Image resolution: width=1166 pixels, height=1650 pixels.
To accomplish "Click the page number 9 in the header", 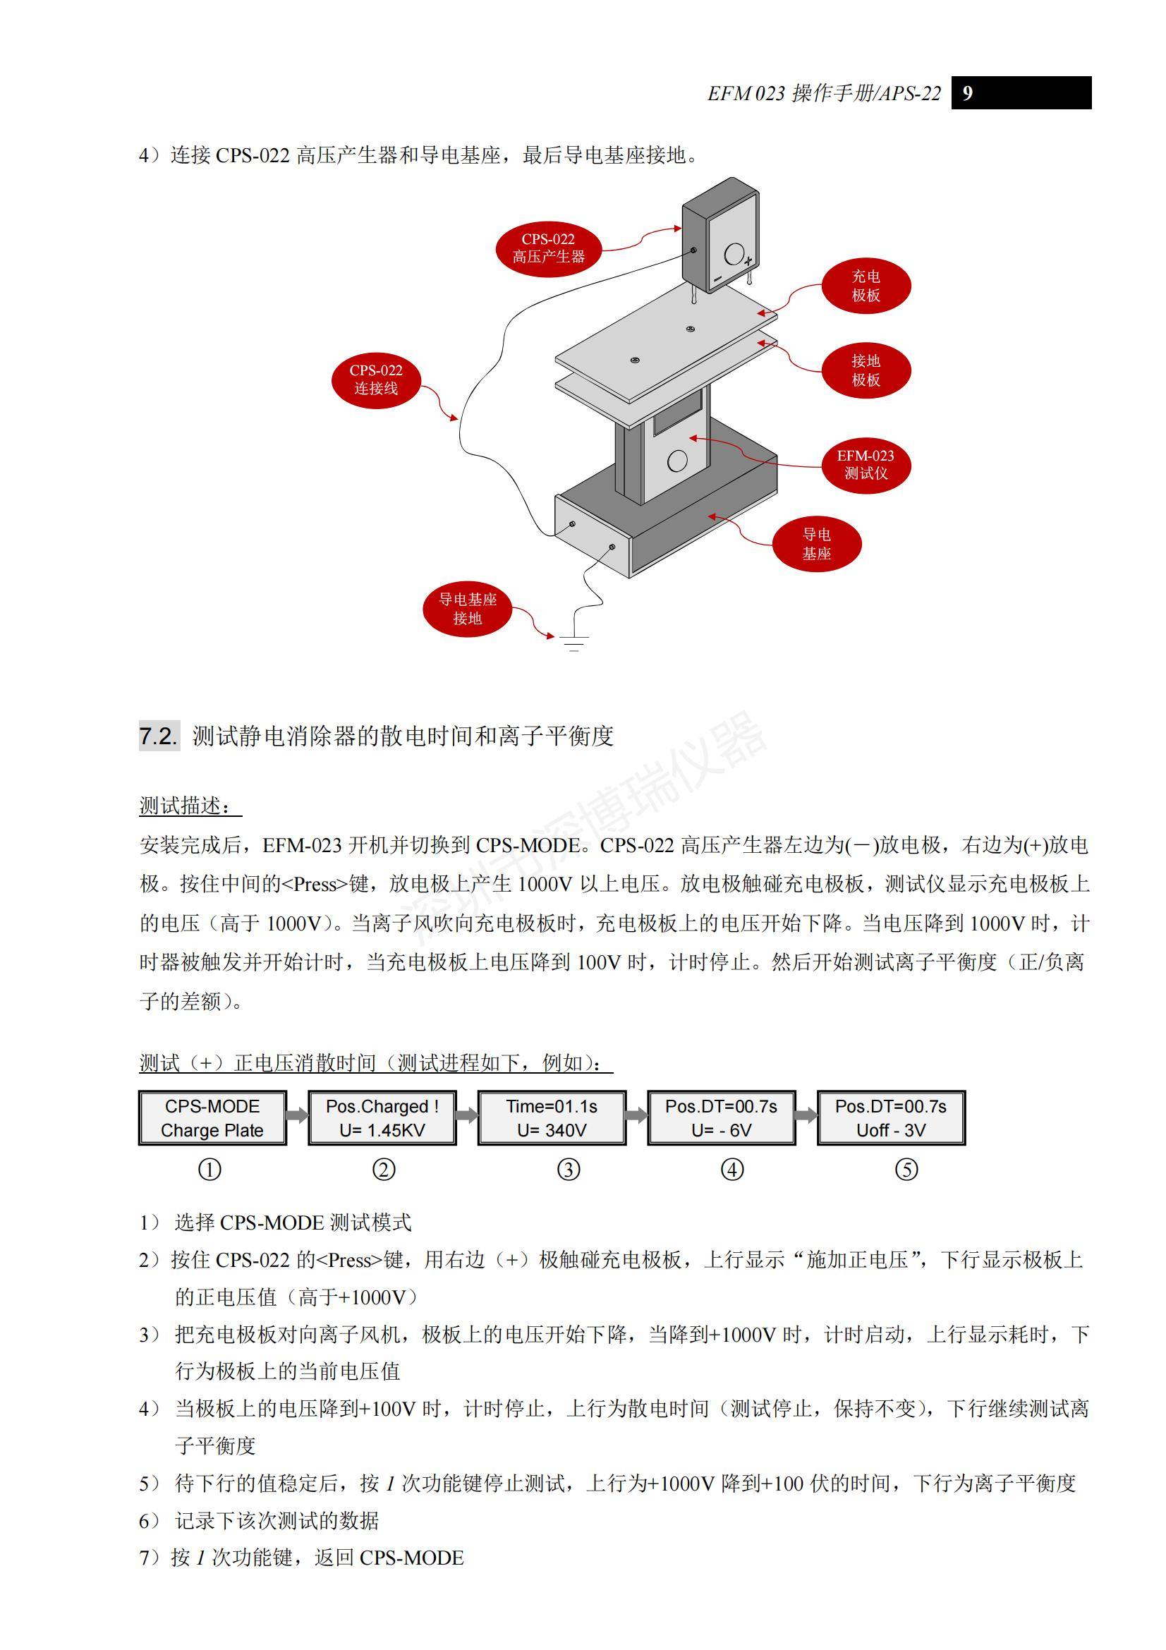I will [967, 93].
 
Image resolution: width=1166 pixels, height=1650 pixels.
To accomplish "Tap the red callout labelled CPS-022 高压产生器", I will [548, 248].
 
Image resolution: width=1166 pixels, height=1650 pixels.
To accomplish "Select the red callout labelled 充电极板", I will [866, 286].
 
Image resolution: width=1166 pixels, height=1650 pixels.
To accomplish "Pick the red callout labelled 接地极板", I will [866, 370].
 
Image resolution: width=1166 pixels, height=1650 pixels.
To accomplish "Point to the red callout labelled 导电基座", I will [816, 544].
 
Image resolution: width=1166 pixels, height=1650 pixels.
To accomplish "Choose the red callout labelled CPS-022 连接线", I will [376, 380].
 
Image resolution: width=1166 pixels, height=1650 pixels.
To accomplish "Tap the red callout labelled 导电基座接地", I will [467, 609].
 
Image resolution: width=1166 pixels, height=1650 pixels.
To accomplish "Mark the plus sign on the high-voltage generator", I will [748, 261].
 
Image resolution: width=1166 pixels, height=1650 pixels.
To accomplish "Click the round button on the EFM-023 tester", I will [676, 461].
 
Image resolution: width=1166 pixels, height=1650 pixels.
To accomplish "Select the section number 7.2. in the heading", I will [158, 736].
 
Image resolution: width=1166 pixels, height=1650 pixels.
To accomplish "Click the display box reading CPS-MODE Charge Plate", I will [212, 1117].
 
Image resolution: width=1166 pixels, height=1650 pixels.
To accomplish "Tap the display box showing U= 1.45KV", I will [382, 1117].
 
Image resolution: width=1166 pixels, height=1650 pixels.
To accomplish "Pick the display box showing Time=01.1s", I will [552, 1117].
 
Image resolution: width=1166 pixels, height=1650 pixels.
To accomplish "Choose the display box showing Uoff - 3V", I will [891, 1117].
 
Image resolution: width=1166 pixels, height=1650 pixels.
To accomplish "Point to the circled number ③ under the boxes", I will [569, 1170].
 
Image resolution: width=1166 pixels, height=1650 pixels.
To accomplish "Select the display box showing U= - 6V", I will [722, 1117].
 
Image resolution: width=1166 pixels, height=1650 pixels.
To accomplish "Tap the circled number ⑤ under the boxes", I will [906, 1170].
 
